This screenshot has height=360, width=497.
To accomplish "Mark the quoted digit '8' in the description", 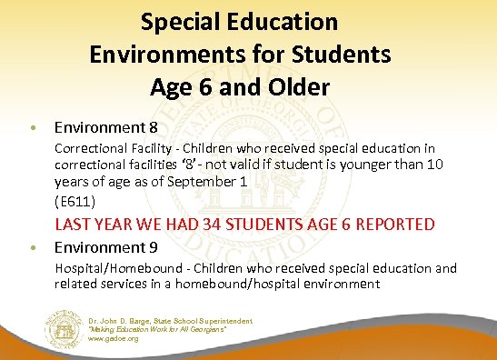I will pyautogui.click(x=206, y=165).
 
